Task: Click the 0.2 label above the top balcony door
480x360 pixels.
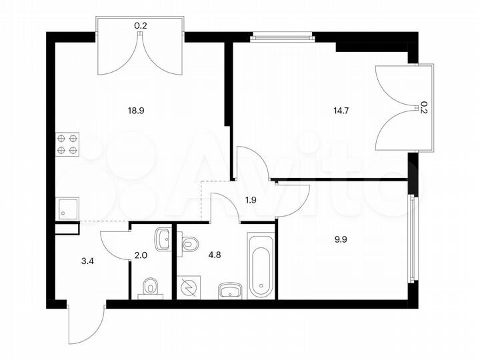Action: [x=141, y=26]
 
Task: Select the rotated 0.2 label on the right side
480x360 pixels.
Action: [x=423, y=107]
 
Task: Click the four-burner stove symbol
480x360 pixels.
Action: [x=67, y=144]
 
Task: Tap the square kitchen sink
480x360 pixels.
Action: [x=67, y=209]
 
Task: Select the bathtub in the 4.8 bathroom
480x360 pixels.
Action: [x=261, y=265]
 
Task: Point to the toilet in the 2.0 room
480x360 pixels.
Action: [x=151, y=287]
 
